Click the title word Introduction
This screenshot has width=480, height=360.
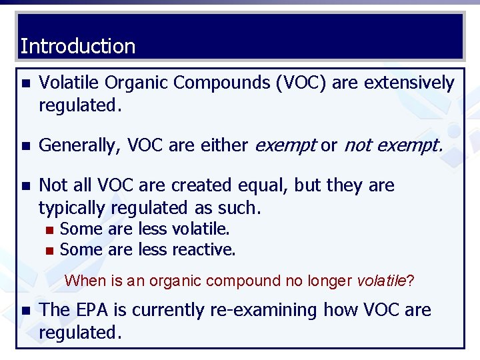78,47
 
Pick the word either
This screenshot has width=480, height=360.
225,146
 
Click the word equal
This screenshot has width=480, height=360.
263,185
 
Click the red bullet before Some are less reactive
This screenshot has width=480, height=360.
49,251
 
